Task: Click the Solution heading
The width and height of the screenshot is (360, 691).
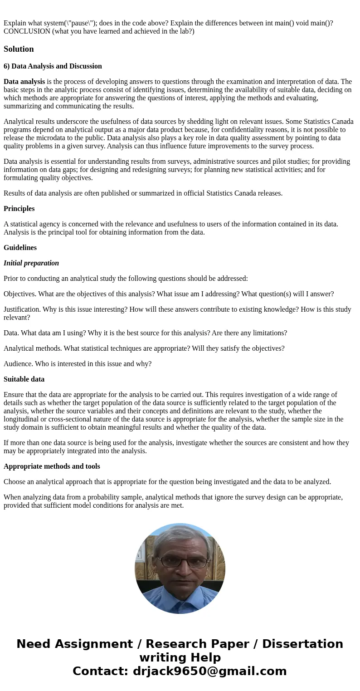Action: coord(19,49)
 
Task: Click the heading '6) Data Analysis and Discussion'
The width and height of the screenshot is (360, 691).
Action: coord(53,66)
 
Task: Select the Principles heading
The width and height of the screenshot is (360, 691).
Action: coord(19,209)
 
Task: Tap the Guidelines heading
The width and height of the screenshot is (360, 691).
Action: coord(20,248)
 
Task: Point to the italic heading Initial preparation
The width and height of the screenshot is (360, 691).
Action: coord(31,263)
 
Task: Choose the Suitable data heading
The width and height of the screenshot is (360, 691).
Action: coord(24,379)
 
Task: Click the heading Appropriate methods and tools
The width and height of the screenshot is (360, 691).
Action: coord(52,466)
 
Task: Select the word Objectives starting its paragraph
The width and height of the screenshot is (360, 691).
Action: coord(19,294)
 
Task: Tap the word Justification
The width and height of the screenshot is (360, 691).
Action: coord(20,309)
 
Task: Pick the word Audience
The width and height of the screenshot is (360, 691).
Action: coord(17,364)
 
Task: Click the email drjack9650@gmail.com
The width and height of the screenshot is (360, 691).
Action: coord(209,671)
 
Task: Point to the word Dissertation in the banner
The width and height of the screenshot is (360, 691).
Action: coord(302,644)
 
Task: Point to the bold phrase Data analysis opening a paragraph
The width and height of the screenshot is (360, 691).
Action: coord(24,82)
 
